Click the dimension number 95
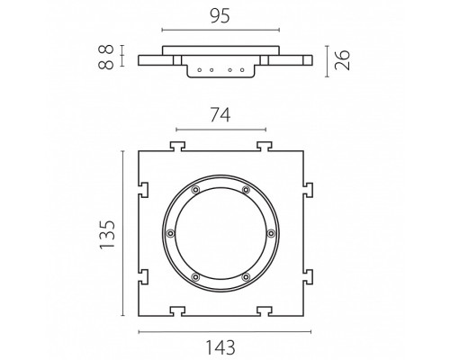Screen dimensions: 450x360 pos(220,16)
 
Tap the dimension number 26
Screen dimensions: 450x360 pos(342,60)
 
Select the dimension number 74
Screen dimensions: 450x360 pos(220,115)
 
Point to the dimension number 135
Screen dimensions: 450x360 pos(107,235)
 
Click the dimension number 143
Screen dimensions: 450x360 pos(220,347)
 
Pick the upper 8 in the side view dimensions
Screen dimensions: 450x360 pos(106,49)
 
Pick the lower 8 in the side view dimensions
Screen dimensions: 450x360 pos(106,64)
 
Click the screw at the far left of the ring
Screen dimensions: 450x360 pos(170,233)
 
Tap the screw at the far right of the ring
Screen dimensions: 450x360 pos(271,233)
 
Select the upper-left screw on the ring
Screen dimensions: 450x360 pos(195,190)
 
